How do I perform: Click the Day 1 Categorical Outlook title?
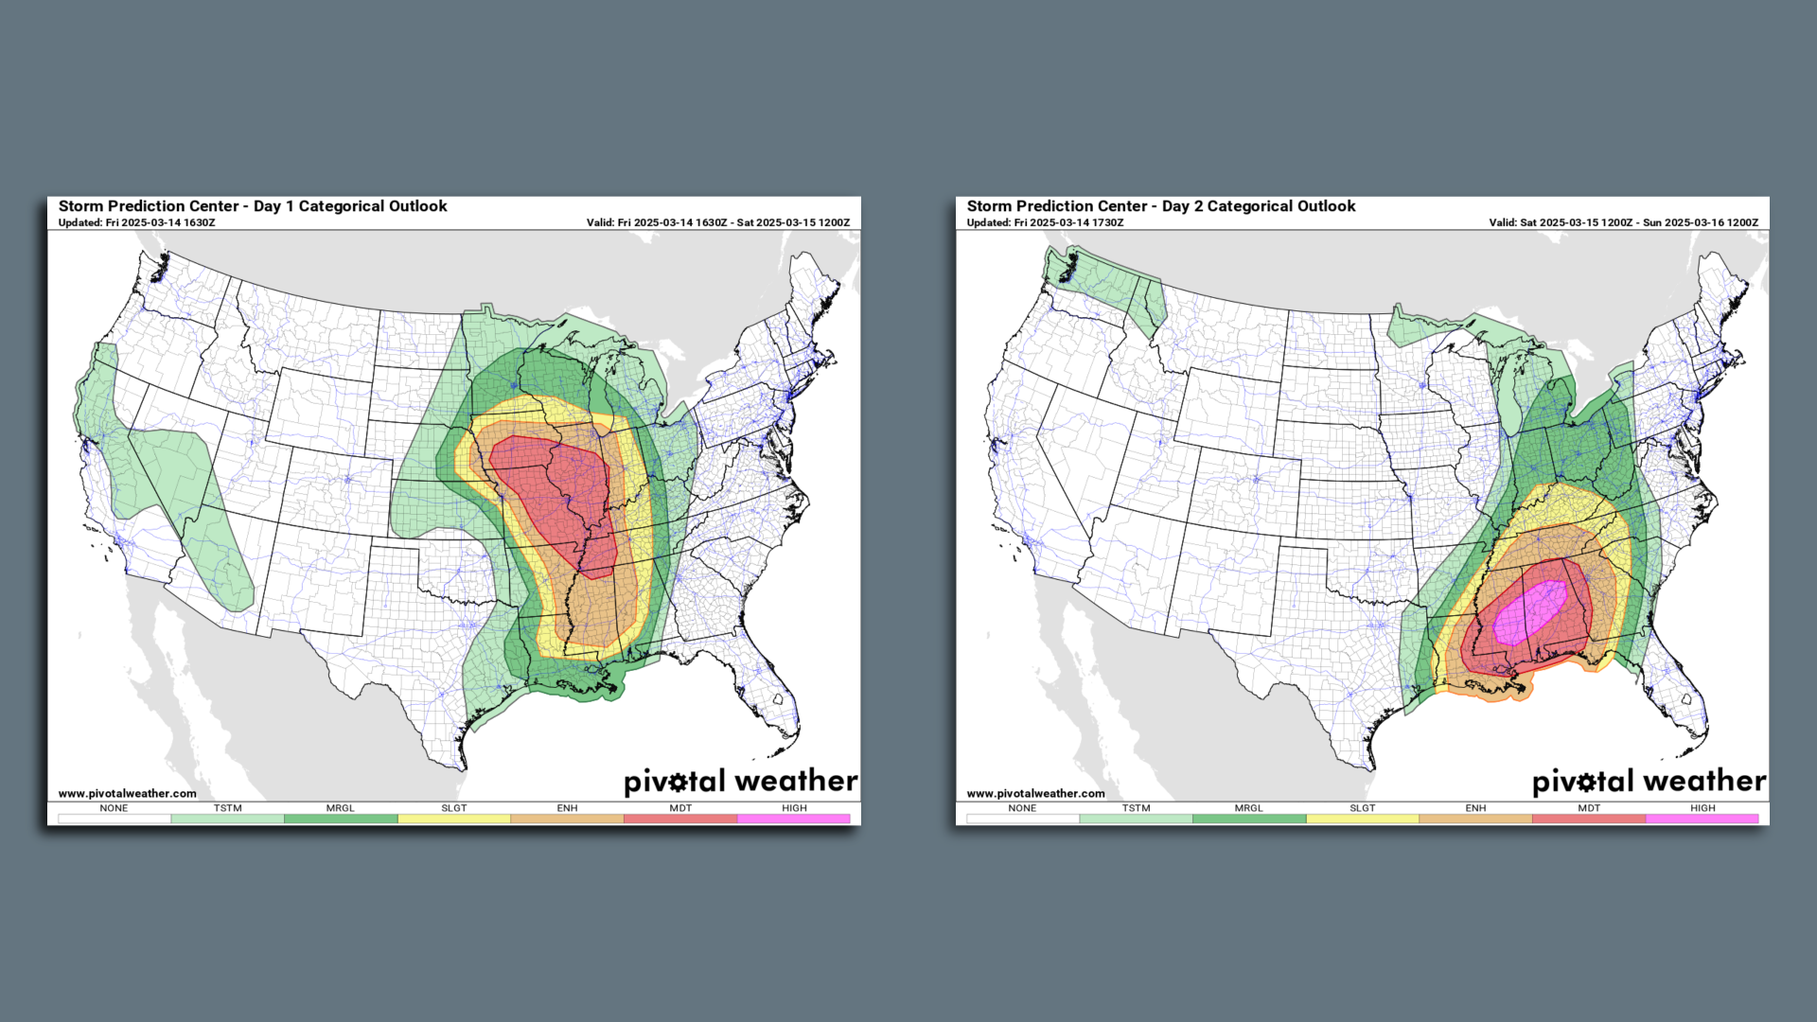pyautogui.click(x=253, y=206)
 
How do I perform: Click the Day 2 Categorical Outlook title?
pyautogui.click(x=1161, y=206)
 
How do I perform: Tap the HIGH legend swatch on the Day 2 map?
pyautogui.click(x=1702, y=819)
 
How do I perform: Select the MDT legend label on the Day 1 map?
pyautogui.click(x=680, y=808)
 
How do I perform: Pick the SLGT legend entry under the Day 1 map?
pyautogui.click(x=453, y=808)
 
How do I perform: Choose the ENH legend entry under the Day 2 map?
pyautogui.click(x=1475, y=809)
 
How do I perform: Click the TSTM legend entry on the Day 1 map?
pyautogui.click(x=227, y=809)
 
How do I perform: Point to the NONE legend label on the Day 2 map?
pyautogui.click(x=1022, y=808)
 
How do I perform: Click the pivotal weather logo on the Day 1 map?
pyautogui.click(x=740, y=782)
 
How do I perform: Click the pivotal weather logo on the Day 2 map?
pyautogui.click(x=1649, y=782)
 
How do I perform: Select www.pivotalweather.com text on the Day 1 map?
pyautogui.click(x=127, y=794)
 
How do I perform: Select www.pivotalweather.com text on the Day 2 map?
pyautogui.click(x=1035, y=794)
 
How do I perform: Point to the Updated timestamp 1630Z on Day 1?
pyautogui.click(x=136, y=223)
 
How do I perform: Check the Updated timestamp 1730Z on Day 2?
pyautogui.click(x=1045, y=223)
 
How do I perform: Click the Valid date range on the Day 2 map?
pyautogui.click(x=1623, y=223)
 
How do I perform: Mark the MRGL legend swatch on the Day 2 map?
pyautogui.click(x=1248, y=819)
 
